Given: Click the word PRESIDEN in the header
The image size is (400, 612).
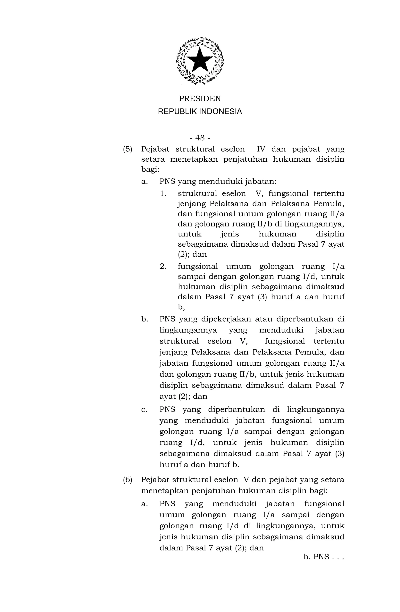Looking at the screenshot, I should tap(200, 98).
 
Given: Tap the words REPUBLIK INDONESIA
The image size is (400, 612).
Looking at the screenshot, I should tap(200, 112).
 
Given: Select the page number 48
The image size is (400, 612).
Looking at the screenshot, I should tap(200, 138).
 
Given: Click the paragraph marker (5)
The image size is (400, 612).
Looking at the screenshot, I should tap(128, 149).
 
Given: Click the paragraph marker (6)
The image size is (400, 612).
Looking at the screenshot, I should tap(128, 480).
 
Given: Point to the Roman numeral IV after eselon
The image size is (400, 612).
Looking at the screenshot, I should tap(261, 149).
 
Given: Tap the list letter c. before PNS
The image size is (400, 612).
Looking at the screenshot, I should tap(144, 409).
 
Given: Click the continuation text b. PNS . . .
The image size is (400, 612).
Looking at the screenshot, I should tap(323, 557).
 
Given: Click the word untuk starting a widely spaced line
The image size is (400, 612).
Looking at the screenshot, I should tap(189, 234).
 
